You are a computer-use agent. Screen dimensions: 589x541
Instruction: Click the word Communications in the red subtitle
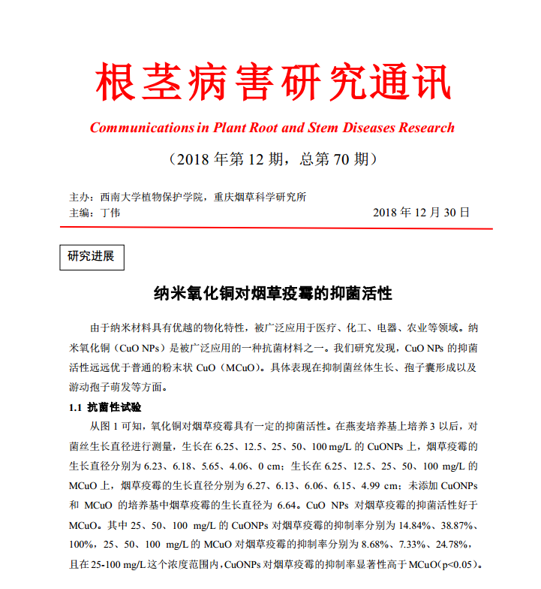[x=142, y=128]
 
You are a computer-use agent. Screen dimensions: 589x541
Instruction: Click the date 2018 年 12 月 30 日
[x=421, y=213]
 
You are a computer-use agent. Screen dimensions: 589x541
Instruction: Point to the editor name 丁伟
[x=110, y=213]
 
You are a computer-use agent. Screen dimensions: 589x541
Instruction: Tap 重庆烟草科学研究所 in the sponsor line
[x=260, y=197]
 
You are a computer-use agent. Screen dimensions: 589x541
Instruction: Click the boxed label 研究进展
[x=91, y=256]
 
